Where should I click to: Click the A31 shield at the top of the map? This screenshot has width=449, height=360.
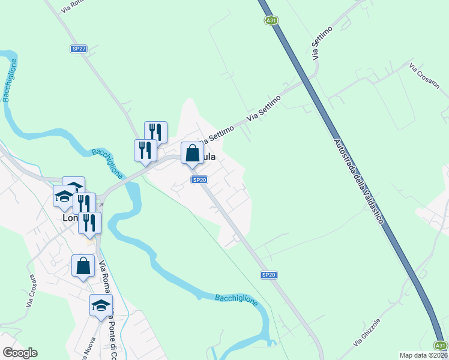click(x=271, y=20)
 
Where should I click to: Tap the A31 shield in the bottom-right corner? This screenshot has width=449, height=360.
click(x=441, y=345)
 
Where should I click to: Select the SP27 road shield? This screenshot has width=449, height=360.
click(x=79, y=49)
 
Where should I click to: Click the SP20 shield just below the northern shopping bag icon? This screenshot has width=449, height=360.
click(x=200, y=179)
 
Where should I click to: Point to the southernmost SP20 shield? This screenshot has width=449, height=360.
click(x=268, y=275)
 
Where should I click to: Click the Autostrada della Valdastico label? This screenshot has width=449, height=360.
click(x=357, y=184)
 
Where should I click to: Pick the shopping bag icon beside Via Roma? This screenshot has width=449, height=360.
click(x=83, y=265)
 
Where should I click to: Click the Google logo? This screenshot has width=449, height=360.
click(x=20, y=353)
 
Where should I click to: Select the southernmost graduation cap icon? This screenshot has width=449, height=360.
click(x=101, y=305)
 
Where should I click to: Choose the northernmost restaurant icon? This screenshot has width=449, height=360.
click(x=155, y=131)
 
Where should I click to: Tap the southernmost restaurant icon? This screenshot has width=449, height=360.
click(x=89, y=223)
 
